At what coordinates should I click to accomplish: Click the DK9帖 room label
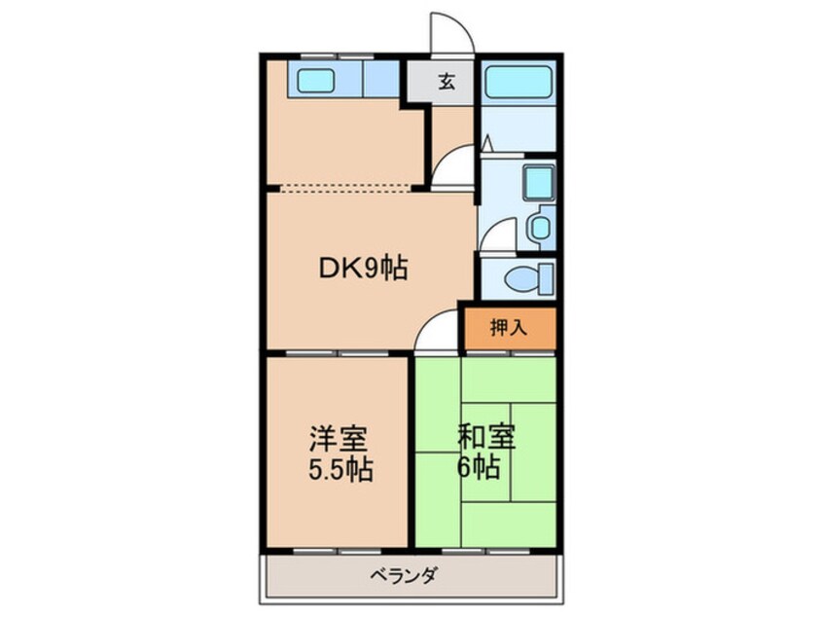363,269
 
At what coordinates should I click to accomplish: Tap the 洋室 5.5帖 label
340,454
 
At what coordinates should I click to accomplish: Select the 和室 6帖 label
485,452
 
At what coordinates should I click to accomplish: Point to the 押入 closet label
508,328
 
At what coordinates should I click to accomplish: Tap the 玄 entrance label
447,82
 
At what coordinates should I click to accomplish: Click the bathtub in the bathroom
519,83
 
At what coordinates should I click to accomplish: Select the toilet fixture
529,278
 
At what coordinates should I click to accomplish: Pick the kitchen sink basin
316,81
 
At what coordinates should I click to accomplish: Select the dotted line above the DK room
345,190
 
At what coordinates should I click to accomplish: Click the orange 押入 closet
509,328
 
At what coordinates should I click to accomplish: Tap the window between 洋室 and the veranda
337,552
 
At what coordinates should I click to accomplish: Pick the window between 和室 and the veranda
486,552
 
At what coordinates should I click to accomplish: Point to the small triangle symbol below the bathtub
487,143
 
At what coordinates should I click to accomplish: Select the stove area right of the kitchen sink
381,79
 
